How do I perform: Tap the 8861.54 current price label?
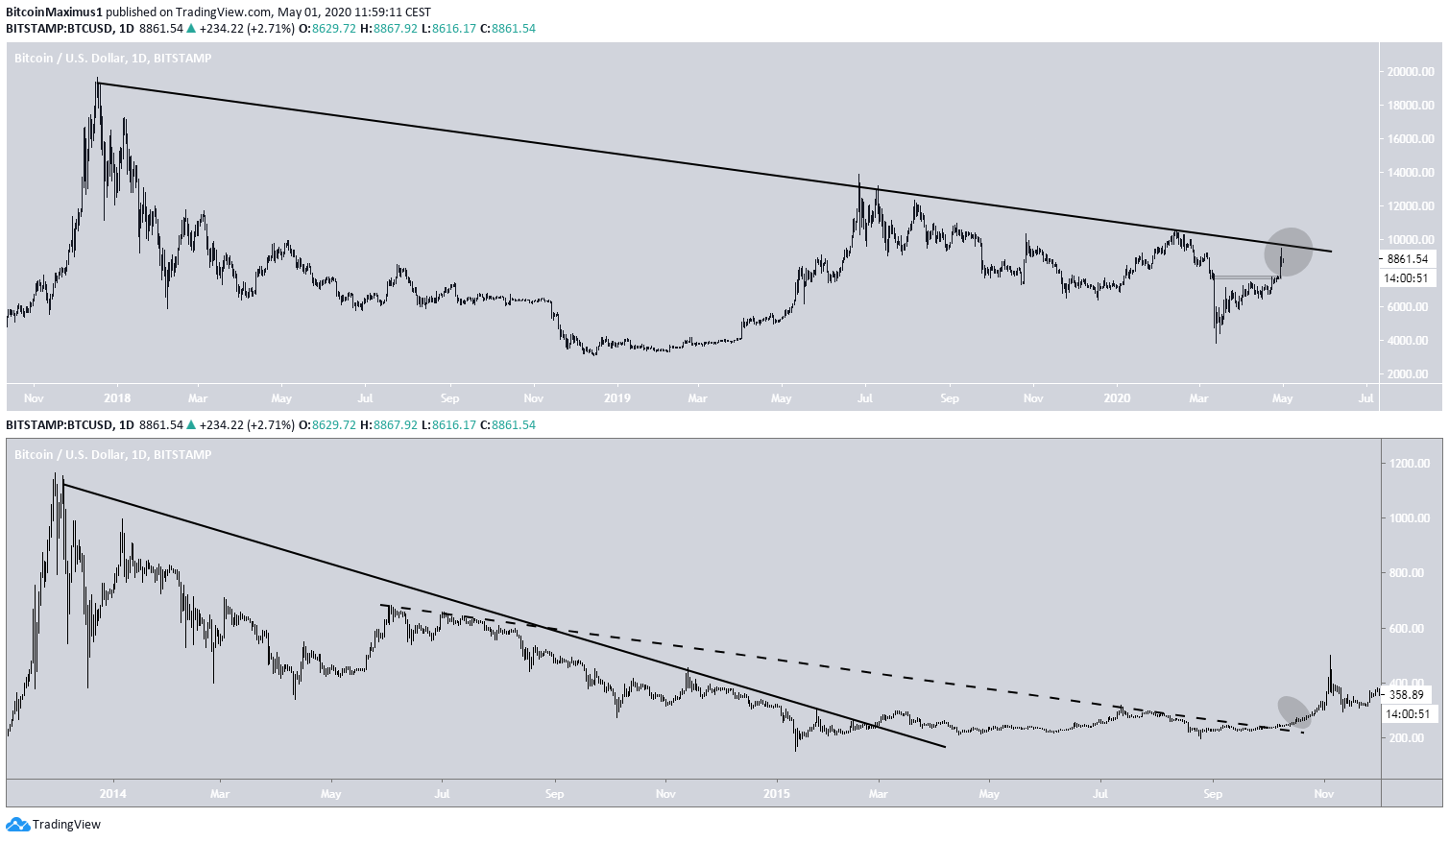click(1407, 259)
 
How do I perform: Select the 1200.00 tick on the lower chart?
click(1410, 464)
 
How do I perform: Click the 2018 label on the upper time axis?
click(117, 398)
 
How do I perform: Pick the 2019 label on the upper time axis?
click(616, 398)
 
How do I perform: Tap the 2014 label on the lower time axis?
click(113, 794)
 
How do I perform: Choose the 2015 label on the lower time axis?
click(776, 794)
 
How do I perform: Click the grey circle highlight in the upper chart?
click(1288, 252)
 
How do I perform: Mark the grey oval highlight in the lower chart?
click(1294, 711)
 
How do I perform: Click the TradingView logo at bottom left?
click(54, 825)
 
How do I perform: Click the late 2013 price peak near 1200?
click(57, 474)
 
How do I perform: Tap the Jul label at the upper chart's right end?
click(1366, 398)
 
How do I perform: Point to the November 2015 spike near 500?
click(1330, 659)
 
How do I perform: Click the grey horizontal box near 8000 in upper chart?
click(1246, 277)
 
